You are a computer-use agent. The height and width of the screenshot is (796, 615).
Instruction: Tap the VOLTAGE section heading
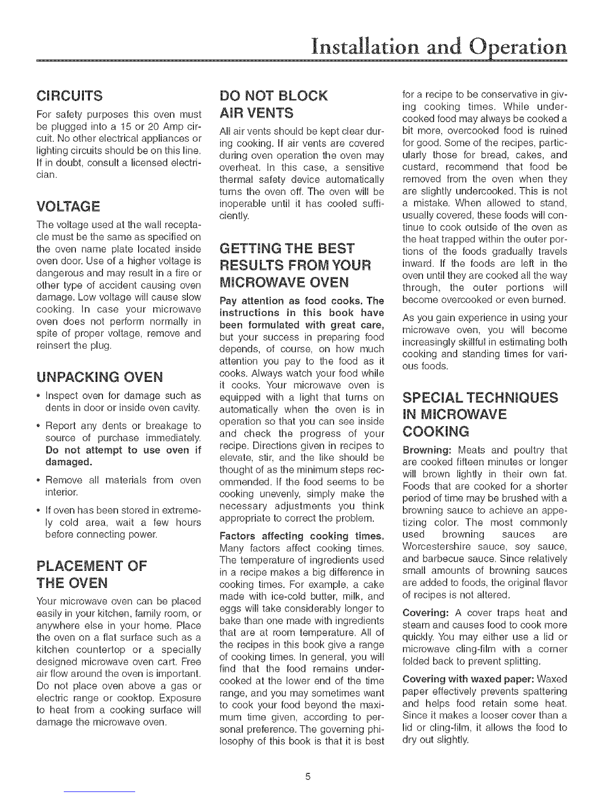(68, 206)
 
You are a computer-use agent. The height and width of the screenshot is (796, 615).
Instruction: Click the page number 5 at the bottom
(307, 776)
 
